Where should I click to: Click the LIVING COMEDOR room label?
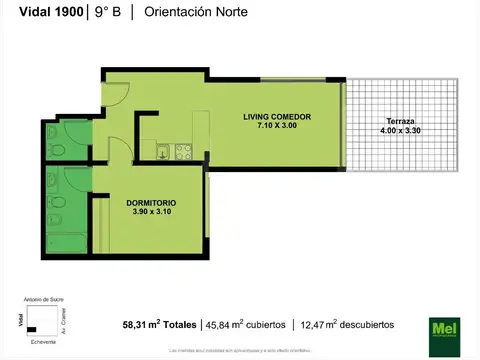pos(277,117)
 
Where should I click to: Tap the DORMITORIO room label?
pos(149,204)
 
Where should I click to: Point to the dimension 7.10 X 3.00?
pos(277,127)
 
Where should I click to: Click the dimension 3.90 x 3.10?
pos(149,213)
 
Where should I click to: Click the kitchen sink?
pos(162,152)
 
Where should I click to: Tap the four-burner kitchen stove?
pos(183,151)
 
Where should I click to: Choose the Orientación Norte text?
pos(197,12)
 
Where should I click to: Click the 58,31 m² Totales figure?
pos(159,324)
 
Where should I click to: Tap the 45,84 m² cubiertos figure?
pos(247,324)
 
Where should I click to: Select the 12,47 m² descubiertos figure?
pos(346,324)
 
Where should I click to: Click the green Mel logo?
pos(441,326)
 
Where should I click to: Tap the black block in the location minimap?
pos(32,328)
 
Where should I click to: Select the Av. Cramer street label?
pos(63,319)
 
